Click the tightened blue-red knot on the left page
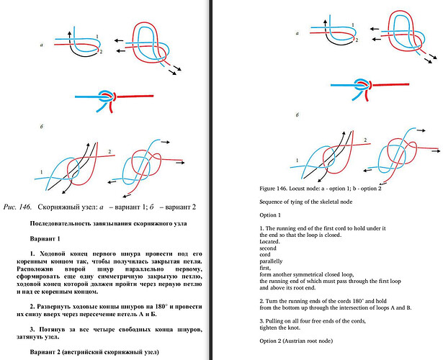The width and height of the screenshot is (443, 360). coord(106,97)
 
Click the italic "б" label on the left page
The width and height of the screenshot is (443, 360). coord(43,126)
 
